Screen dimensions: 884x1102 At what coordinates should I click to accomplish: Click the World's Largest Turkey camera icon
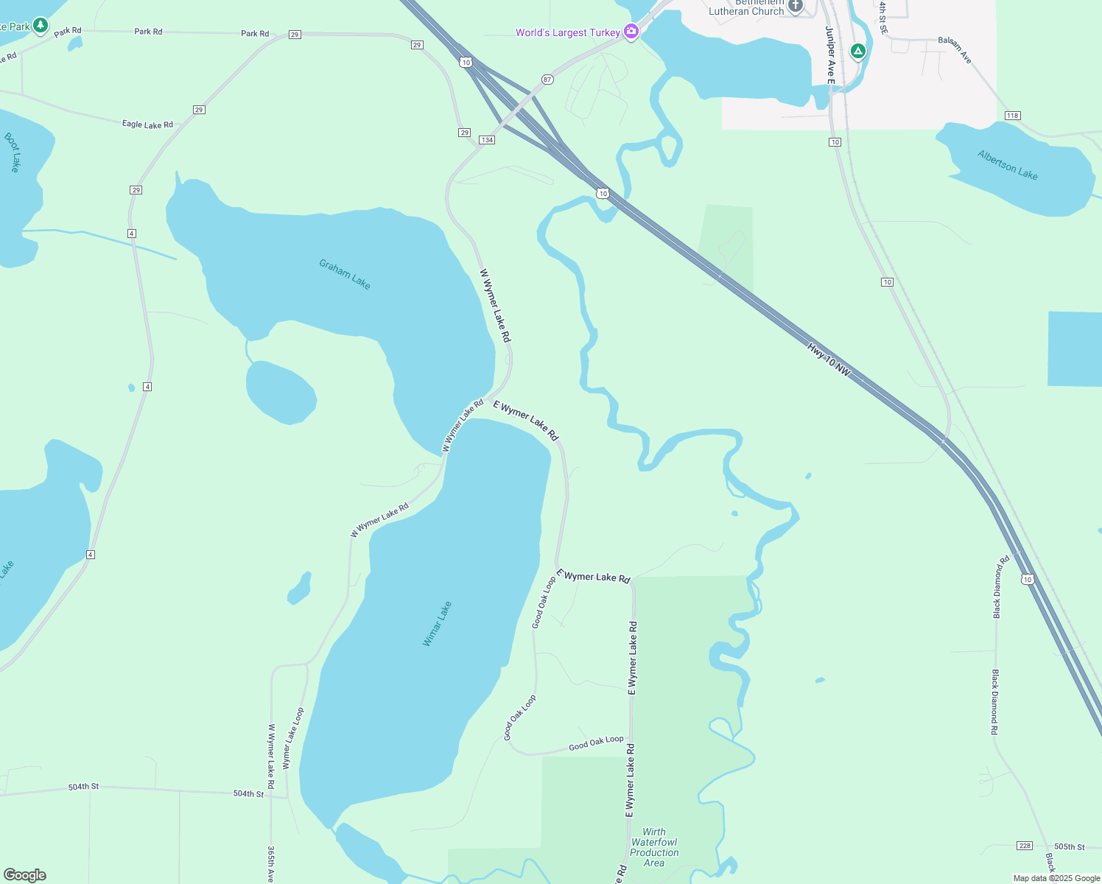point(631,32)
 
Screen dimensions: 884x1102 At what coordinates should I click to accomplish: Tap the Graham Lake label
point(345,274)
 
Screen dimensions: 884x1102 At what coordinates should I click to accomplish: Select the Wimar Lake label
point(437,624)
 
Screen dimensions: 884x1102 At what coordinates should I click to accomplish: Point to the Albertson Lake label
point(1008,165)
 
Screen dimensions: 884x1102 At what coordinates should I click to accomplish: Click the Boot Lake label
point(12,152)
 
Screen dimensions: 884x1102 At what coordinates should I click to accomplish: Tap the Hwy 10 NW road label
point(829,360)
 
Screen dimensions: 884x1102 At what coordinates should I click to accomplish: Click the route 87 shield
point(547,79)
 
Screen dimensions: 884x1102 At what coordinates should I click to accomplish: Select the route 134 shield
point(486,140)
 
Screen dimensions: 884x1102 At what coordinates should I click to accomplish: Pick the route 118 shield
point(1013,116)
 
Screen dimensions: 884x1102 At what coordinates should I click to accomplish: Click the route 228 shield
point(1025,846)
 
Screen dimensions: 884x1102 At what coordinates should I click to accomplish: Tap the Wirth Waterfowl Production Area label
point(654,847)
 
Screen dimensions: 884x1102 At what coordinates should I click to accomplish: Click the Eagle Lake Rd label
point(147,124)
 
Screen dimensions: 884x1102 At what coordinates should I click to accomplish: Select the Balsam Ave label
point(955,49)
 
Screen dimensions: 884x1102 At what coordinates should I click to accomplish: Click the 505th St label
point(1070,847)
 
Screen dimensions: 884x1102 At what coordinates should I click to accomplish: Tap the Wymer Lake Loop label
point(293,739)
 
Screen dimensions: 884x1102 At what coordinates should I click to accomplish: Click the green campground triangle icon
point(857,51)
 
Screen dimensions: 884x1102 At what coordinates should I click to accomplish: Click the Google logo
point(25,875)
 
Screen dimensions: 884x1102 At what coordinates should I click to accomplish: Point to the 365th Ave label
point(270,864)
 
